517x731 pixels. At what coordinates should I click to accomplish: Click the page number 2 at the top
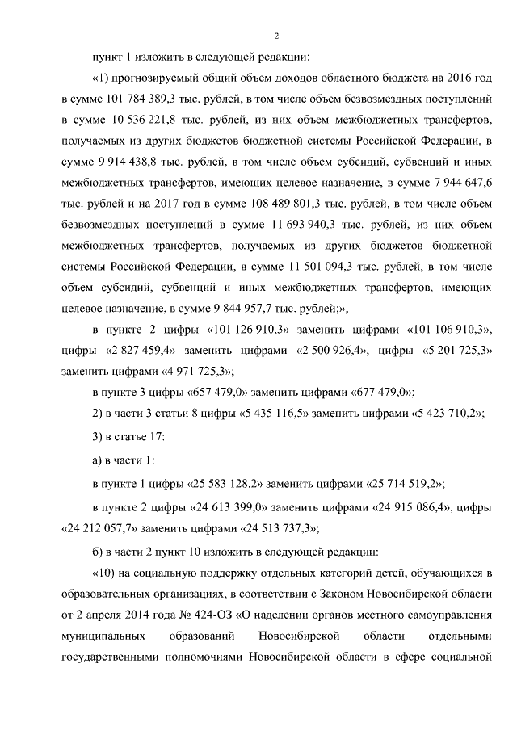click(x=276, y=35)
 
